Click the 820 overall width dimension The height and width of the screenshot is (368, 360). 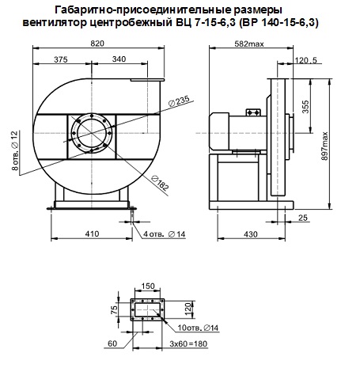(x=97, y=44)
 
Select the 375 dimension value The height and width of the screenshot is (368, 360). (x=61, y=59)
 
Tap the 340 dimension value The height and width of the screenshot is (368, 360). (x=119, y=59)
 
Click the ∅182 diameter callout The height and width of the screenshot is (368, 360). (x=160, y=183)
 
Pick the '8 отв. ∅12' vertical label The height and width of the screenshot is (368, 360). (x=15, y=150)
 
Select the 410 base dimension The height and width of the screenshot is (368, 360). (x=92, y=233)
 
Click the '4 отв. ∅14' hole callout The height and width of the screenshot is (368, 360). (x=165, y=234)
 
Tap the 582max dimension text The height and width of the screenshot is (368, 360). (x=249, y=44)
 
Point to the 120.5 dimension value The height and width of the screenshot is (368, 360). (x=306, y=60)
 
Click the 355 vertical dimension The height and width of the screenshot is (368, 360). (x=305, y=107)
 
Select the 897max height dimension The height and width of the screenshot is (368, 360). (x=324, y=146)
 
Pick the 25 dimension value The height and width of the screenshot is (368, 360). (x=303, y=218)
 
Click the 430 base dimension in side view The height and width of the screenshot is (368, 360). (x=251, y=234)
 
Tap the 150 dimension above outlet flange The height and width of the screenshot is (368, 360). (x=148, y=286)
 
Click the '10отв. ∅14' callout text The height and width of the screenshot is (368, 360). (x=198, y=328)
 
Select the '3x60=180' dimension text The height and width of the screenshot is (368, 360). (x=188, y=343)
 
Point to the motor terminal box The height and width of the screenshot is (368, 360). (x=253, y=112)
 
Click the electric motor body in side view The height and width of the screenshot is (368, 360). (x=238, y=131)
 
